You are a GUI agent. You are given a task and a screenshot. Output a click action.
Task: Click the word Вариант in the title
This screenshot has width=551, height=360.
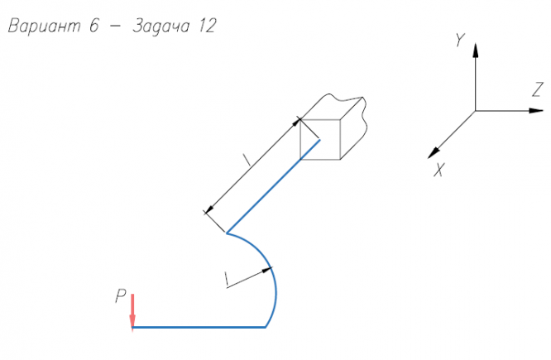tap(45, 26)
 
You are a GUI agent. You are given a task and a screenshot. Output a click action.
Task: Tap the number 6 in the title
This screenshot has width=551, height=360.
tap(93, 26)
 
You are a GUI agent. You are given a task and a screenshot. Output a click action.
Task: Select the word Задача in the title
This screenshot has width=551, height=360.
tap(161, 26)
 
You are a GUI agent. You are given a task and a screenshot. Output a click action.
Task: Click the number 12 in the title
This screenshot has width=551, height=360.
tap(207, 26)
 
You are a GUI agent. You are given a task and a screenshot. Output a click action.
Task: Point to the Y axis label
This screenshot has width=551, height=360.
tap(460, 40)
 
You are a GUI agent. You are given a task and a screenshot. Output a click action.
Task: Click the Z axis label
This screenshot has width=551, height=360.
tap(538, 89)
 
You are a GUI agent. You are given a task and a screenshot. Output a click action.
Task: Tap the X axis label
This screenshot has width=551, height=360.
tap(439, 170)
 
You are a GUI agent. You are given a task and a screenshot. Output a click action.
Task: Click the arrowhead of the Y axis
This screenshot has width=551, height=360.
tap(476, 50)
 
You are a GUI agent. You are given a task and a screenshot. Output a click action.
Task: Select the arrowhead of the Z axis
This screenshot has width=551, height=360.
tap(536, 111)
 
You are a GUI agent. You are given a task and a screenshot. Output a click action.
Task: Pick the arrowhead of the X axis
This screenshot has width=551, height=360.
tap(434, 153)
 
